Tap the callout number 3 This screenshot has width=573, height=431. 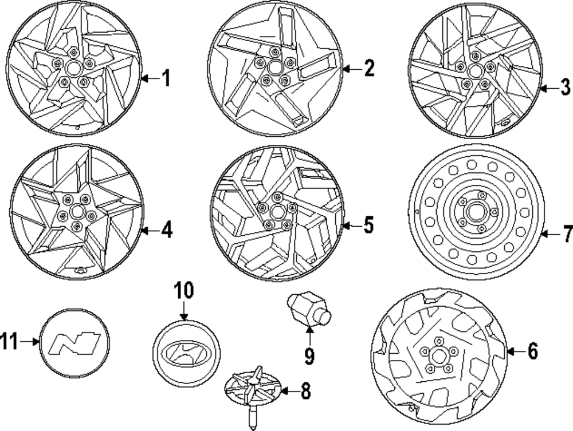(x=566, y=88)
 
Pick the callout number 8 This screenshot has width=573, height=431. (x=305, y=392)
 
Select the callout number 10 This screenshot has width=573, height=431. (x=184, y=291)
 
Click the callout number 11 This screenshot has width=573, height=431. (x=8, y=342)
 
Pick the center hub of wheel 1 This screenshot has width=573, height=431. (x=73, y=69)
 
